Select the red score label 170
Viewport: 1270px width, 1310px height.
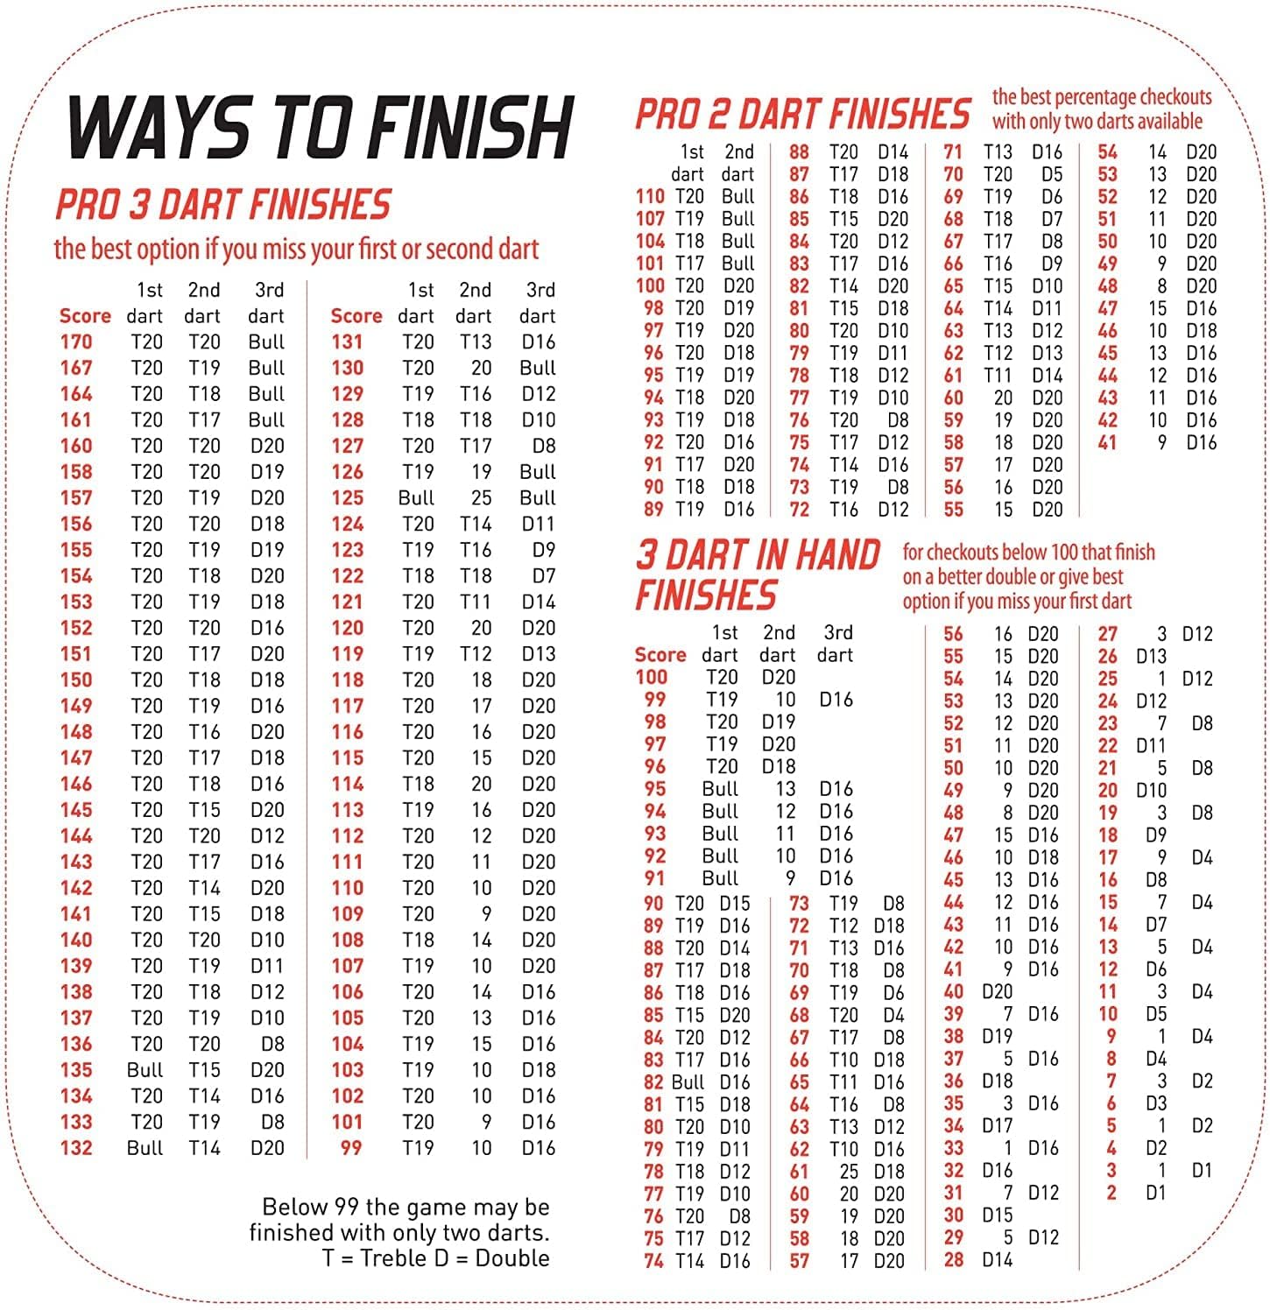(76, 342)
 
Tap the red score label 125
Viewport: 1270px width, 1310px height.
(347, 498)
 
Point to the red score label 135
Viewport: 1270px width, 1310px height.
(76, 1070)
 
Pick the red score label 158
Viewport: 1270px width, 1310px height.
(76, 472)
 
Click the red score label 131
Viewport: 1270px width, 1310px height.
(347, 342)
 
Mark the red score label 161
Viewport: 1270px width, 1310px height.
(76, 420)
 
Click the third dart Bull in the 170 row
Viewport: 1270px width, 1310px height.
(266, 342)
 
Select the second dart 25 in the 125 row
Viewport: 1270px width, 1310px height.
(481, 498)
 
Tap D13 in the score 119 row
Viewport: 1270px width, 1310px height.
(539, 654)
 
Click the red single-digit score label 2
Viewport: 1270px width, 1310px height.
(1111, 1193)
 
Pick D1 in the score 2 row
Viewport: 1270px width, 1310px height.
(1156, 1193)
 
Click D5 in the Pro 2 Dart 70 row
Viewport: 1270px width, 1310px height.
(1052, 174)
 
